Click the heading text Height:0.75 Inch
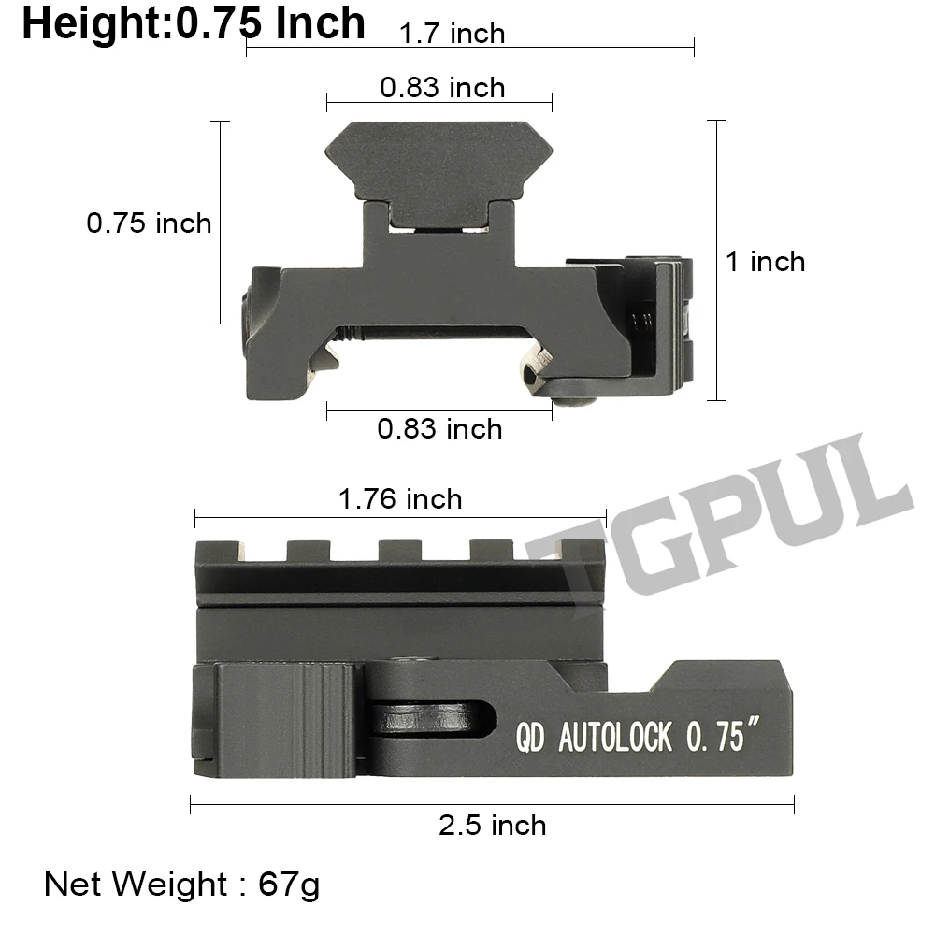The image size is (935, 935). [x=194, y=24]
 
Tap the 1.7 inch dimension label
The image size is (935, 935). [x=452, y=34]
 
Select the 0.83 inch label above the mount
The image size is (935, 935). [x=442, y=88]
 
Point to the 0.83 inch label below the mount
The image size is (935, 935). [x=439, y=429]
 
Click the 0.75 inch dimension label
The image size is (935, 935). [x=149, y=223]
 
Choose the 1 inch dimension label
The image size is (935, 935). [x=765, y=262]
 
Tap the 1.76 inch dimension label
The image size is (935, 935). [x=400, y=499]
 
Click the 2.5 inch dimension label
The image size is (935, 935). [x=493, y=826]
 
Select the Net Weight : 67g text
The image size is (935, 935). [x=182, y=885]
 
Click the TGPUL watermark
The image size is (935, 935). [x=718, y=518]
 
